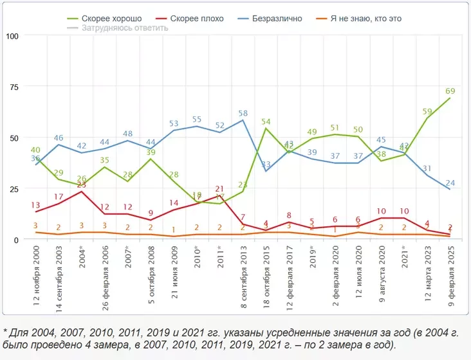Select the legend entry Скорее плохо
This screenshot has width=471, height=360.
[196, 19]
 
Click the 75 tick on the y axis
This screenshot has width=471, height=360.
[14, 87]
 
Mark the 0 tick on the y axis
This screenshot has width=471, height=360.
[16, 239]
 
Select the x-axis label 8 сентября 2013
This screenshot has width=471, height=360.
[243, 273]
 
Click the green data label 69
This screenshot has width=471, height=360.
[451, 91]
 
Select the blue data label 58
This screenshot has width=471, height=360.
[243, 114]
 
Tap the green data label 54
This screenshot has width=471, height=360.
[266, 122]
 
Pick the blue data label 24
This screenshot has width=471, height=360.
[451, 183]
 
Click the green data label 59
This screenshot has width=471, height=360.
[427, 111]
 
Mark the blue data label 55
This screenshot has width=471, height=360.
[197, 120]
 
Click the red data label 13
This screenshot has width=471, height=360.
[36, 205]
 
